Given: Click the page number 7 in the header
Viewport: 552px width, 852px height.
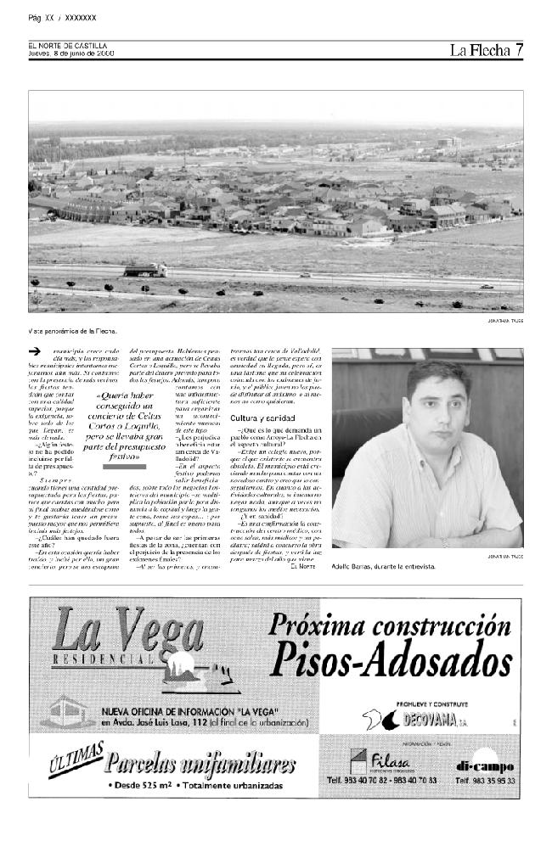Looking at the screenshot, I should click(518, 50).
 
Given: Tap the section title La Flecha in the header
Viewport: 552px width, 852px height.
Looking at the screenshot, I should click(480, 50).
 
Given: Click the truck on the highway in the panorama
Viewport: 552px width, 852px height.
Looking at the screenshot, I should click(145, 270).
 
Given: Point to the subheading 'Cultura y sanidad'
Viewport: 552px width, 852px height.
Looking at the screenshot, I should click(262, 419).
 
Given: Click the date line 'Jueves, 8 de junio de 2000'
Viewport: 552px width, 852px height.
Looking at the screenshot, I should click(71, 53).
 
